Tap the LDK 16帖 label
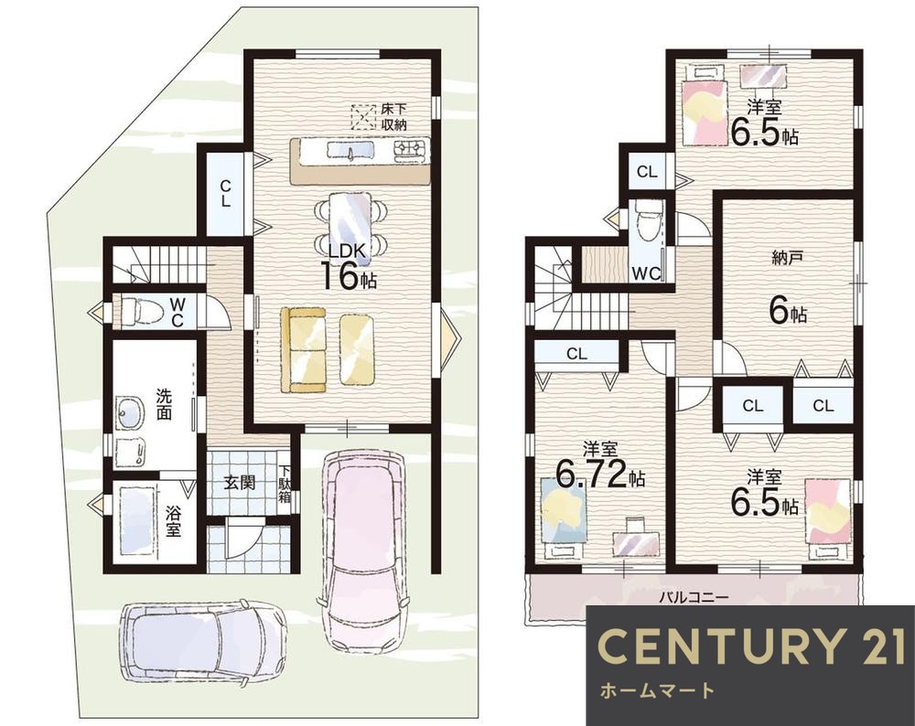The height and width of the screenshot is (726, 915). [348, 266]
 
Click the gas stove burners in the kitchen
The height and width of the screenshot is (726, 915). [412, 151]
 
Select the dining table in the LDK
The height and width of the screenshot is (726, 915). [350, 224]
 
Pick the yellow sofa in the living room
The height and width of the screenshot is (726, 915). [304, 349]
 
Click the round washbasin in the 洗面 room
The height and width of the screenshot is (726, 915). [130, 413]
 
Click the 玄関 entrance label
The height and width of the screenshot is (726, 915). [241, 482]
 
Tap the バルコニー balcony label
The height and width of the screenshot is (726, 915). [694, 598]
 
